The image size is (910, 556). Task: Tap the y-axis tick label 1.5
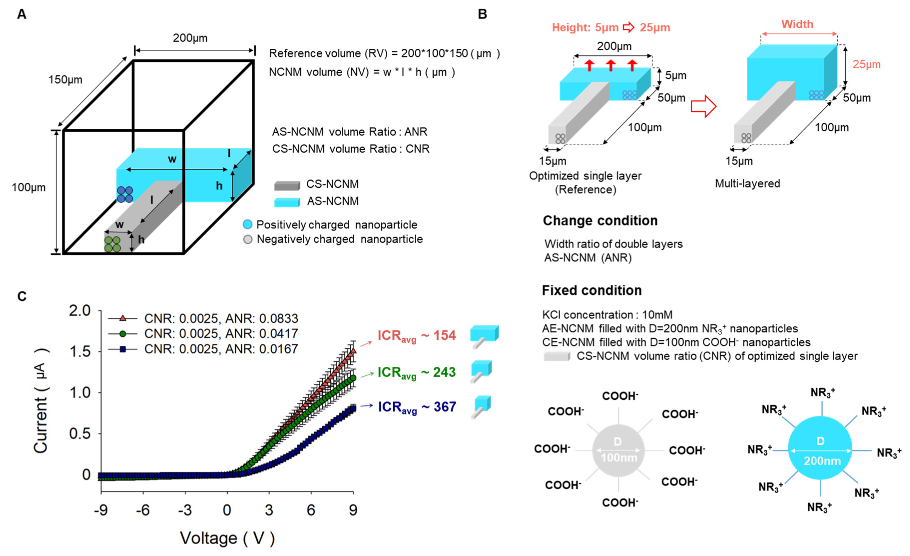(80, 352)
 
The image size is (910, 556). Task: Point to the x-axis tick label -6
(143, 510)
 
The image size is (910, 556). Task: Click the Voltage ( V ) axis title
(227, 538)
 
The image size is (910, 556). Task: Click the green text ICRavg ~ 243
(416, 372)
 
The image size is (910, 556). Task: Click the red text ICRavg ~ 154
(416, 335)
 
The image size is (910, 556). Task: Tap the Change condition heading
(600, 221)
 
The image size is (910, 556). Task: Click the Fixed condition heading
(591, 290)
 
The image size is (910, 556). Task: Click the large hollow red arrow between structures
(703, 106)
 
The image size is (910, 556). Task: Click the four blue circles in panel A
(125, 194)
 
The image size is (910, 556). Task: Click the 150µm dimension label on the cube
(65, 80)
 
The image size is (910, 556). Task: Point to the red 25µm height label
(866, 65)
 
